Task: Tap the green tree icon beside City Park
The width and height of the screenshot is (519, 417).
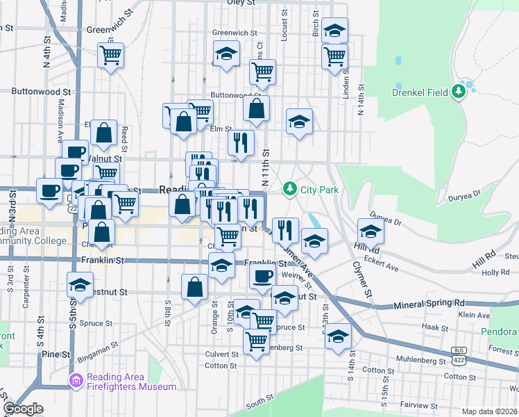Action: point(289,188)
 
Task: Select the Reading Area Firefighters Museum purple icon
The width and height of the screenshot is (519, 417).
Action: point(76,381)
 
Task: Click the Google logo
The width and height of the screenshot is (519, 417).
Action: point(24,409)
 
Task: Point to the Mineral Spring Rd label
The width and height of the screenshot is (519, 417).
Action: point(429,304)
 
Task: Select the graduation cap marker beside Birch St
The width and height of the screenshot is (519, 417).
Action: point(335,31)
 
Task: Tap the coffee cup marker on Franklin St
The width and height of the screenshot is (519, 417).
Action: point(262,276)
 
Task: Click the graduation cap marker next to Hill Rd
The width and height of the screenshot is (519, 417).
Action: point(371,231)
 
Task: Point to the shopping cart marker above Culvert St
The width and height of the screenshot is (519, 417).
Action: point(257,341)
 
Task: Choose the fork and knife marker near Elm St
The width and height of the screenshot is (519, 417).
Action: point(240,143)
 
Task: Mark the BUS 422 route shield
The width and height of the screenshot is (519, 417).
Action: point(459,356)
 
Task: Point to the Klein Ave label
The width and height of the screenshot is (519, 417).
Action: point(474,315)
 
